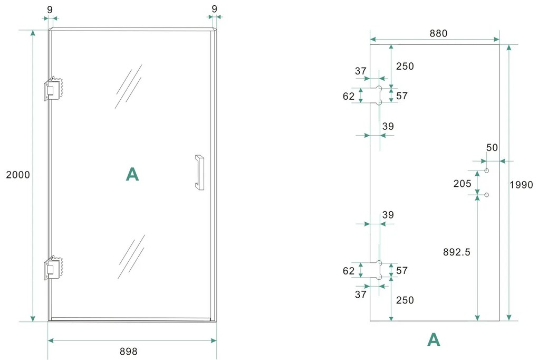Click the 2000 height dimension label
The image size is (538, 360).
tap(18, 175)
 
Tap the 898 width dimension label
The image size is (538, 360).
tap(128, 352)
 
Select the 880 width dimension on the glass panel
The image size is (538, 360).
tap(438, 33)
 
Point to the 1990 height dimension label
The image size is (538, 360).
tap(521, 185)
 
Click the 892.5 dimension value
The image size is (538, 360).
tap(457, 252)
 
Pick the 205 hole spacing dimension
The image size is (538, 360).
tap(462, 184)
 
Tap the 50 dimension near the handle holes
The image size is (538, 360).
tap(492, 148)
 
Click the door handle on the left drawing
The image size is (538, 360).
tap(199, 172)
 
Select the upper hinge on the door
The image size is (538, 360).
tap(53, 89)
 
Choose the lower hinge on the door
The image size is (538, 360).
tap(53, 268)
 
